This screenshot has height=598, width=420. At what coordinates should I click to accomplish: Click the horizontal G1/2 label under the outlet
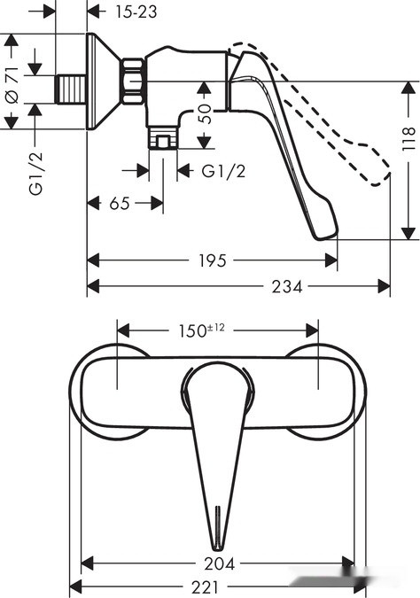(x=222, y=171)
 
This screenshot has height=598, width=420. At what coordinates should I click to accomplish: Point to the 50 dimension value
(x=205, y=113)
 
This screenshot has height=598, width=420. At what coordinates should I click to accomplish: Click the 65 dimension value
(x=119, y=204)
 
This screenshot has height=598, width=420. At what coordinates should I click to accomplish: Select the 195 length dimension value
(x=211, y=260)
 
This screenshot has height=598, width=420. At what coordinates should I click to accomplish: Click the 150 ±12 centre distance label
(x=199, y=330)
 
